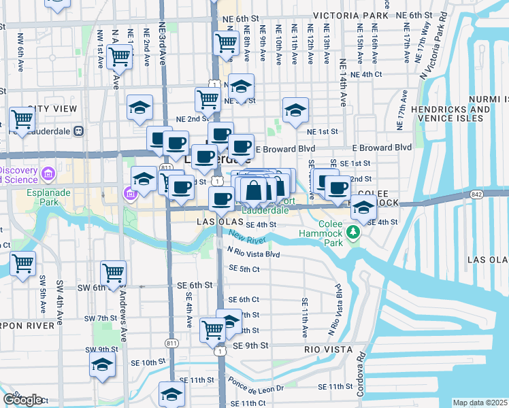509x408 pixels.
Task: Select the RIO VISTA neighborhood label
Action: pyautogui.click(x=329, y=349)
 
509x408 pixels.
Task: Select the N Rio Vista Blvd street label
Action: pyautogui.click(x=254, y=253)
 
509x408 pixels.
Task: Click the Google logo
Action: pyautogui.click(x=22, y=400)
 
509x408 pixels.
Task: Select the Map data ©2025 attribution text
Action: pyautogui.click(x=480, y=403)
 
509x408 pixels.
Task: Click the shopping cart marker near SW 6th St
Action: pyautogui.click(x=113, y=273)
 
